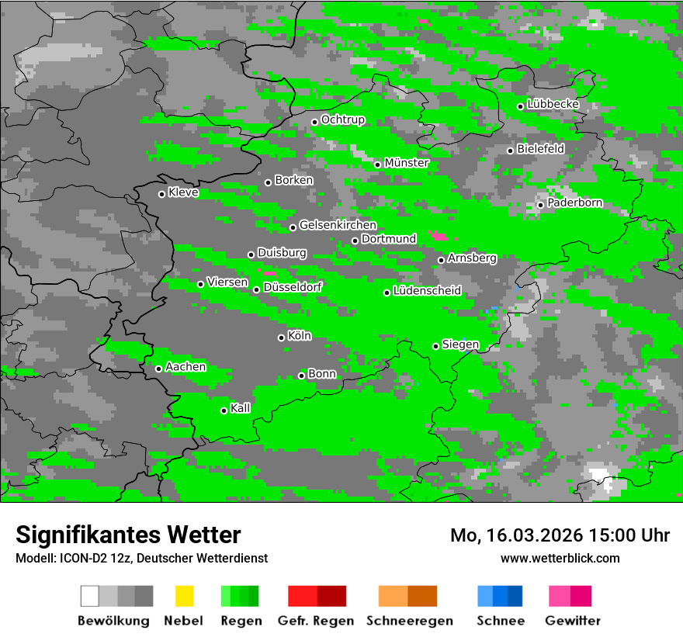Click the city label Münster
(x=406, y=163)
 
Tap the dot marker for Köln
(x=281, y=338)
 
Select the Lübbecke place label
(x=553, y=104)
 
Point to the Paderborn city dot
(x=540, y=205)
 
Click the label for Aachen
(x=185, y=366)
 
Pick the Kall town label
(x=240, y=408)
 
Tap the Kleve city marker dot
(x=161, y=194)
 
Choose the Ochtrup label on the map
(x=342, y=119)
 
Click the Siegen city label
(x=460, y=345)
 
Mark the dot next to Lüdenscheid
(x=387, y=293)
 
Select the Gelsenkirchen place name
(x=338, y=225)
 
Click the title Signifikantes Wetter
(x=128, y=535)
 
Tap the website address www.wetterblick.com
(x=560, y=558)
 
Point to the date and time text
(x=560, y=535)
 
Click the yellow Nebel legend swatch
(x=184, y=596)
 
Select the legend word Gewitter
(x=573, y=621)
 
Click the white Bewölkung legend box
(x=89, y=596)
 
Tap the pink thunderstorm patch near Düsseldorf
(x=269, y=273)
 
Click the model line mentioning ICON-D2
(x=141, y=558)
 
